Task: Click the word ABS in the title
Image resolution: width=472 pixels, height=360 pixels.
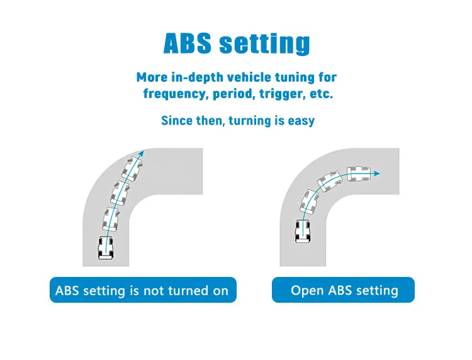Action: [x=188, y=43]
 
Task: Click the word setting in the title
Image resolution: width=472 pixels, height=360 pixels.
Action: [x=264, y=44]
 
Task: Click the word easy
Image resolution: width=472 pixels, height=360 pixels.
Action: [x=300, y=120]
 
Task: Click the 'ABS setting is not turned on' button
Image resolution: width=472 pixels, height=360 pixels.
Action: [x=143, y=290]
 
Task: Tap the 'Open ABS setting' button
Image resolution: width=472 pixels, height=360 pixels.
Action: [x=344, y=290]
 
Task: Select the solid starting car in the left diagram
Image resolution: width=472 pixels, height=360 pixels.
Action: [x=106, y=247]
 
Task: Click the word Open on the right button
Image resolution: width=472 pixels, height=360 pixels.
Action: [x=305, y=290]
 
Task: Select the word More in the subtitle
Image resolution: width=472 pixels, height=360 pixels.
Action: [x=152, y=77]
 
